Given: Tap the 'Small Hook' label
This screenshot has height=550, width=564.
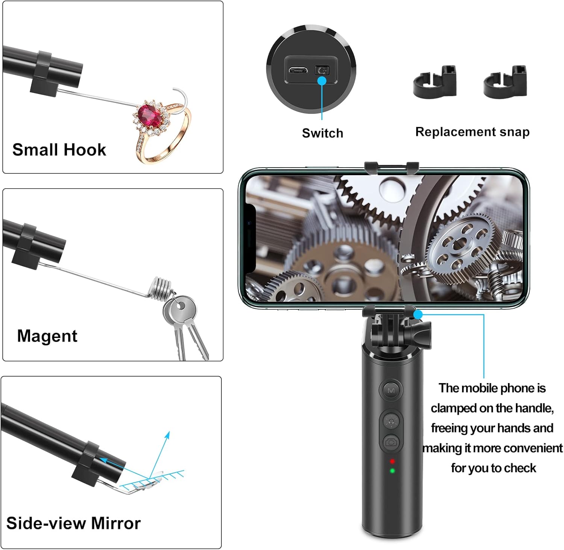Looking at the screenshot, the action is point(59,150).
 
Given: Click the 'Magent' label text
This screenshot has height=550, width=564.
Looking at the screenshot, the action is point(47,336).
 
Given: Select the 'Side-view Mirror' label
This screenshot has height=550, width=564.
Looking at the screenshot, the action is point(73,523).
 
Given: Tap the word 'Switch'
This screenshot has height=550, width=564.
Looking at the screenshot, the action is point(323,133).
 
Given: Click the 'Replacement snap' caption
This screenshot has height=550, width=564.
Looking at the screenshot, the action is point(472,132).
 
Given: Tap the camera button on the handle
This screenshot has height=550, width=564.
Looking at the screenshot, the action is point(391,442).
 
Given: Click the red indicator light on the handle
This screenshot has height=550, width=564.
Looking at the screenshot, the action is point(392,461).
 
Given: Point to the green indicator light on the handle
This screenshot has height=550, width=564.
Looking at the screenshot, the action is point(392,471).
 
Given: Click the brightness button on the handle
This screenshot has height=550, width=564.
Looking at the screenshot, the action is point(391,421).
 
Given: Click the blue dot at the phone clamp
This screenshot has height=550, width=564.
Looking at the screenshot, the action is point(418,314).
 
